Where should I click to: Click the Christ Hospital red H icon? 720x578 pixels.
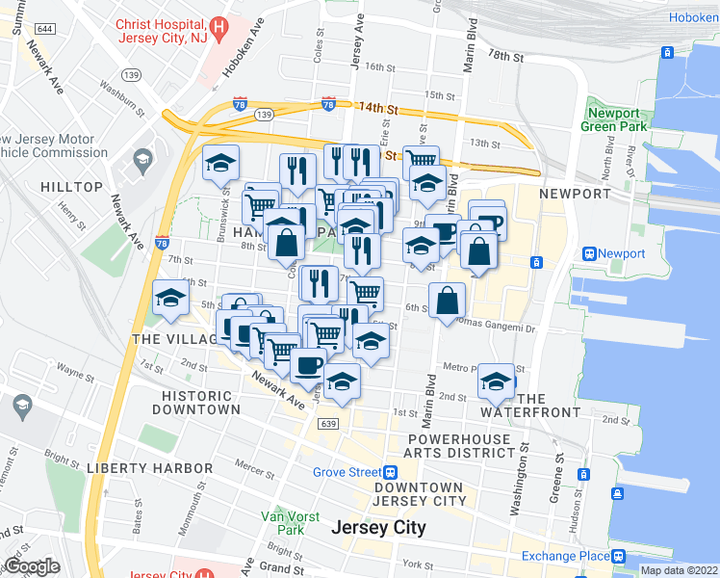pos(219,29)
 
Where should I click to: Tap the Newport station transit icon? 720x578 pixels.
pos(587,253)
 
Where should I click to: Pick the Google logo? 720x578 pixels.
pos(32,566)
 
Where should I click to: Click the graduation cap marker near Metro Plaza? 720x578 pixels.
pos(496,382)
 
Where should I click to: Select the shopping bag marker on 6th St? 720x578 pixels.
pos(448,301)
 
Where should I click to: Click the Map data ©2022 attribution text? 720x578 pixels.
pos(679,570)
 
